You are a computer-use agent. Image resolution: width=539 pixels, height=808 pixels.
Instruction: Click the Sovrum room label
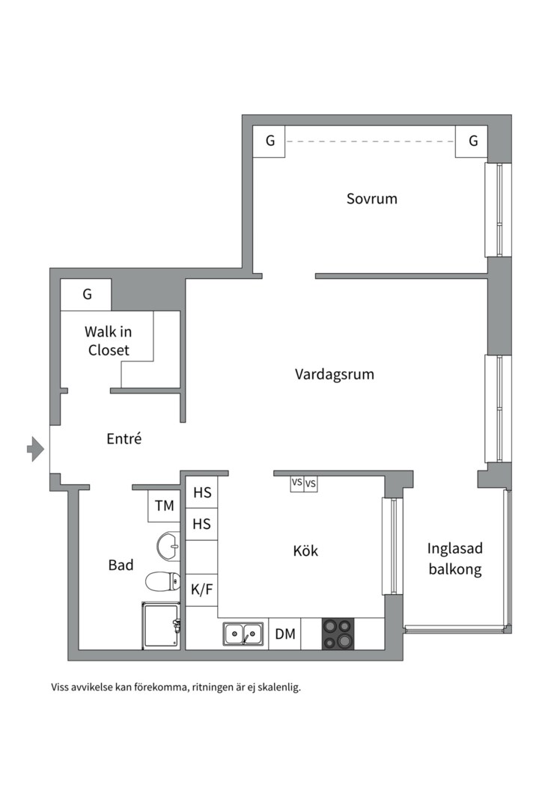pos(371,199)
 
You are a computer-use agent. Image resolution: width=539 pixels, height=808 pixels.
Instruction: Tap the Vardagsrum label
pos(334,374)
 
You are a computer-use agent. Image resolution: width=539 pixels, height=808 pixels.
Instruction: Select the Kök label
pos(305,551)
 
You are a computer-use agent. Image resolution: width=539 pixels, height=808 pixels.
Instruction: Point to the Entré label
pos(124,439)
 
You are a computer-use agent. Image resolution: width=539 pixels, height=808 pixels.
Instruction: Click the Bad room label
pos(121,565)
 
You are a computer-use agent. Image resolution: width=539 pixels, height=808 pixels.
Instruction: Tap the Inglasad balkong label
pos(454,558)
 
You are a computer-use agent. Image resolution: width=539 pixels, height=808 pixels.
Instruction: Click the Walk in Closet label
pos(108,340)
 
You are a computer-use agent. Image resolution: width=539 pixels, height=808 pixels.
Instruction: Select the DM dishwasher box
pos(284,634)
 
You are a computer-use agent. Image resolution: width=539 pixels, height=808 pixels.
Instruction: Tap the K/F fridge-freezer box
pos(201,589)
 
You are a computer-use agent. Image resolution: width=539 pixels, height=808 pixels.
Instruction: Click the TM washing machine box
pos(165,506)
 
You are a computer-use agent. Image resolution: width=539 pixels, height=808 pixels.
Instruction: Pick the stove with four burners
pos(338,634)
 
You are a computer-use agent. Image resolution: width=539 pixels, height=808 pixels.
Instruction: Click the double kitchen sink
pos(243,634)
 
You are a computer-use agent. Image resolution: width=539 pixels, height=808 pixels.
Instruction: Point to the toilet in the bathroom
pos(163,581)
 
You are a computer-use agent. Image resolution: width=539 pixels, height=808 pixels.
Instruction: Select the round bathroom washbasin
pos(168,546)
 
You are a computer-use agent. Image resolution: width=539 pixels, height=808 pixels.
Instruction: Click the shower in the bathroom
pos(161,625)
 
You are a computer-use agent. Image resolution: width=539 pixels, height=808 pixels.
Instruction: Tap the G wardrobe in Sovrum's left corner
pos(269,141)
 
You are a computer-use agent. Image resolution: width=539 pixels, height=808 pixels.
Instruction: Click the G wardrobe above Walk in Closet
pos(87,294)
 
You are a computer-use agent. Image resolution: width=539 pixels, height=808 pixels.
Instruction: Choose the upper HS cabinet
pos(202,493)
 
